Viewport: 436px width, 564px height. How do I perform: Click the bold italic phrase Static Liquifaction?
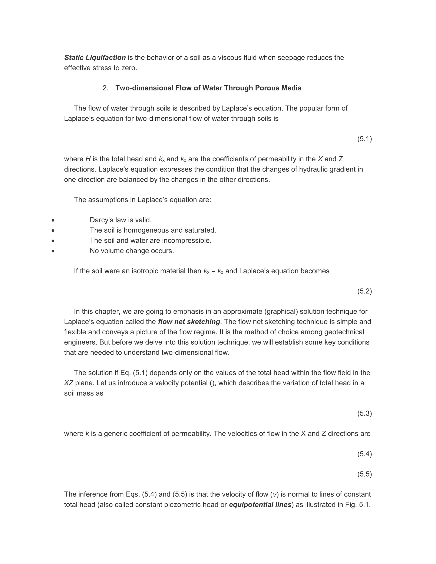pyautogui.click(x=95, y=58)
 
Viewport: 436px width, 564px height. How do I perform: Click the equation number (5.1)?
pyautogui.click(x=364, y=139)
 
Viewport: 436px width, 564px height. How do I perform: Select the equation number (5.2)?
pyautogui.click(x=364, y=291)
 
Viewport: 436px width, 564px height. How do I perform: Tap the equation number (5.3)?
pyautogui.click(x=364, y=414)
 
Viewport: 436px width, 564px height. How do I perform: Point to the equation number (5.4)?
pyautogui.click(x=364, y=454)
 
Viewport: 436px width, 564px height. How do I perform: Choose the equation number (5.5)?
pyautogui.click(x=364, y=474)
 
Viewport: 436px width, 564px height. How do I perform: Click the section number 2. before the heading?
pyautogui.click(x=105, y=88)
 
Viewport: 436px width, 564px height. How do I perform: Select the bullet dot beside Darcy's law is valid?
pyautogui.click(x=53, y=220)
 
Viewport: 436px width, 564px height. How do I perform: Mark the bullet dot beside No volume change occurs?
pyautogui.click(x=53, y=251)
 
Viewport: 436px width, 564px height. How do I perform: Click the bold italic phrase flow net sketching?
pyautogui.click(x=189, y=322)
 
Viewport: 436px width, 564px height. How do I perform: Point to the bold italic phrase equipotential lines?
pyautogui.click(x=260, y=505)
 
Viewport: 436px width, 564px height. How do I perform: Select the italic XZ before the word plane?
pyautogui.click(x=69, y=383)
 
